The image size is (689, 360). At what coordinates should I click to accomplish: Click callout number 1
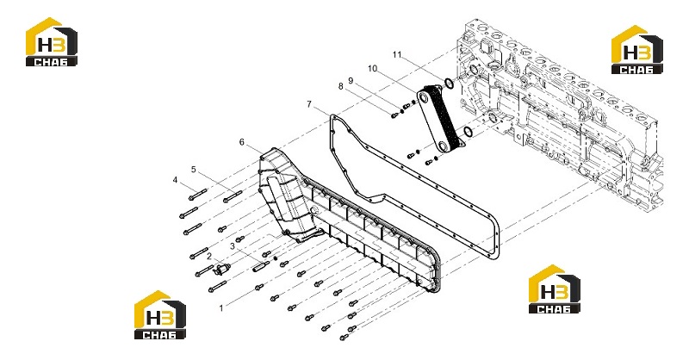(x=221, y=308)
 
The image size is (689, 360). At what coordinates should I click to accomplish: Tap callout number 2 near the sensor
(x=209, y=256)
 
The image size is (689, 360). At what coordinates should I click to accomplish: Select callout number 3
(x=233, y=246)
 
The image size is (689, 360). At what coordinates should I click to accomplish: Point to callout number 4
(x=176, y=180)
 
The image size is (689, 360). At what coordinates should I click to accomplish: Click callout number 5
(x=193, y=169)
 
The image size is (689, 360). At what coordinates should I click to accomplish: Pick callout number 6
(x=242, y=142)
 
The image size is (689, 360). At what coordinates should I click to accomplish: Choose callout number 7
(x=309, y=104)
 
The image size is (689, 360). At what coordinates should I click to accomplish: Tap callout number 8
(x=340, y=87)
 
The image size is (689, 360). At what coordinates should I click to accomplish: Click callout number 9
(x=351, y=80)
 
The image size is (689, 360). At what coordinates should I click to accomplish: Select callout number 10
(x=373, y=69)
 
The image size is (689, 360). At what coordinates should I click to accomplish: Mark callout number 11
(x=397, y=54)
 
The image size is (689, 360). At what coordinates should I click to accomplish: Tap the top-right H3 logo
(x=637, y=49)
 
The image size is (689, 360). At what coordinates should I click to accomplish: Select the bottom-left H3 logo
(x=160, y=314)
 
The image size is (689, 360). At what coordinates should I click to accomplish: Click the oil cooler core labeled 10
(x=441, y=117)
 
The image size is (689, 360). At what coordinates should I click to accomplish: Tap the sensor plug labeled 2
(x=222, y=269)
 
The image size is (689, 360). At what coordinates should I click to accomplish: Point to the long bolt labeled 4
(x=198, y=194)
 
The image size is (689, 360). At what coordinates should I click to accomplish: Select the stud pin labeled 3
(x=261, y=266)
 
